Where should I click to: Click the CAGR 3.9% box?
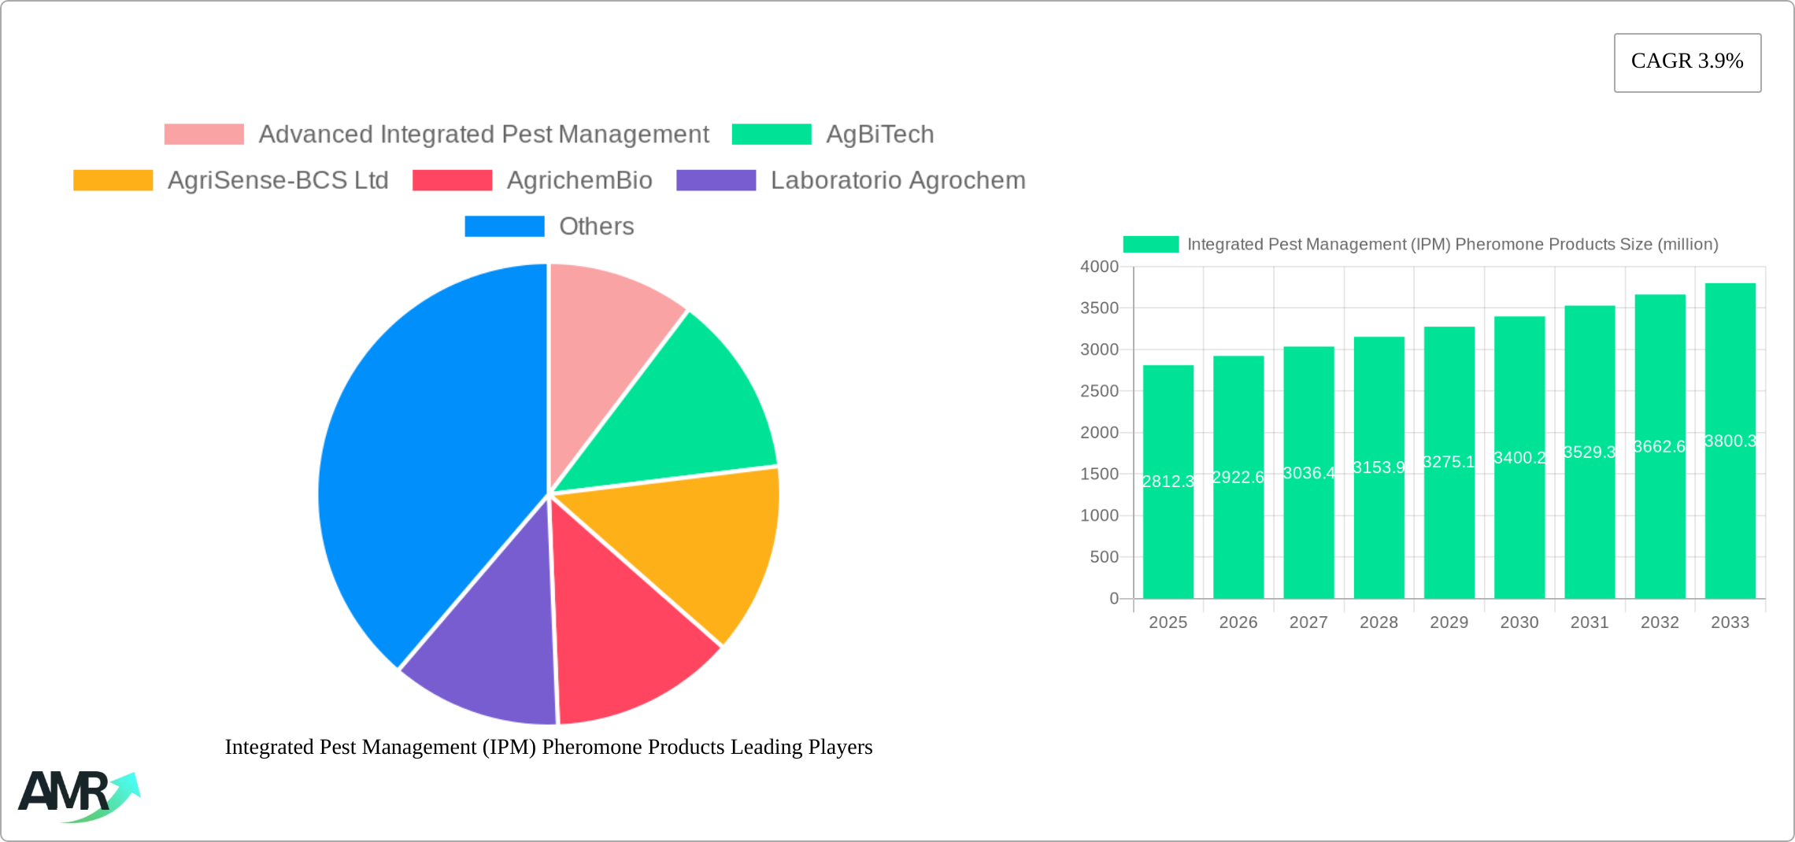pyautogui.click(x=1687, y=62)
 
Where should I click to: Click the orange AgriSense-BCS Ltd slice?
pyautogui.click(x=693, y=543)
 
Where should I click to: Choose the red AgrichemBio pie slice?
pyautogui.click(x=622, y=630)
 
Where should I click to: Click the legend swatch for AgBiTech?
pyautogui.click(x=771, y=135)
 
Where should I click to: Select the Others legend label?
pyautogui.click(x=596, y=227)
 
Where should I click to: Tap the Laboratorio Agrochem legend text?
pyautogui.click(x=897, y=181)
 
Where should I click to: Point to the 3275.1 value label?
pyautogui.click(x=1449, y=462)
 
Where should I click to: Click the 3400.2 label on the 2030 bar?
pyautogui.click(x=1519, y=458)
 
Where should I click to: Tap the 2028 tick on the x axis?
pyautogui.click(x=1379, y=622)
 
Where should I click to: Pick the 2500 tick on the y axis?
pyautogui.click(x=1099, y=391)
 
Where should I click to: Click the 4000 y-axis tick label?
pyautogui.click(x=1099, y=267)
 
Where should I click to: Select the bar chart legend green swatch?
pyautogui.click(x=1150, y=245)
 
